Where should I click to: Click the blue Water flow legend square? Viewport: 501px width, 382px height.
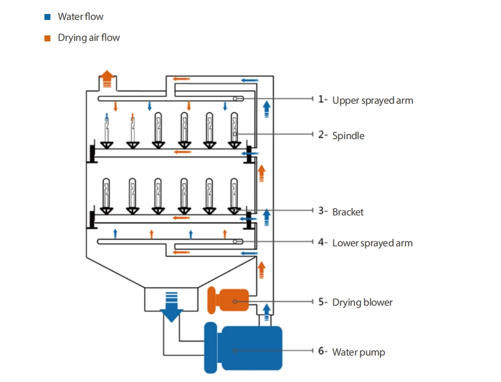[x=47, y=17]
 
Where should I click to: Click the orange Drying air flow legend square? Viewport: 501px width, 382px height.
[x=47, y=38]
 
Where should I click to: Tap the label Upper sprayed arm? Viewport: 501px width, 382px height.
[x=372, y=100]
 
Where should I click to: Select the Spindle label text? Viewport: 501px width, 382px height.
[x=348, y=136]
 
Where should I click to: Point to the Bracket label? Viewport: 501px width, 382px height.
[x=348, y=212]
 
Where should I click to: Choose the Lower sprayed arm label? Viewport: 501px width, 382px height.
[x=372, y=243]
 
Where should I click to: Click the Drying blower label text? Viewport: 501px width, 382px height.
[x=362, y=302]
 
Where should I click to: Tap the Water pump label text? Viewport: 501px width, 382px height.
[x=358, y=352]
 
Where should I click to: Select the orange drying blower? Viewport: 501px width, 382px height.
[x=229, y=300]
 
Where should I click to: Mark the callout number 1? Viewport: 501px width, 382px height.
[x=321, y=99]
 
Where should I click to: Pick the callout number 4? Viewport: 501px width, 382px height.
[x=321, y=243]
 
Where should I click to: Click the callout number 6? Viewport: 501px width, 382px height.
[x=321, y=351]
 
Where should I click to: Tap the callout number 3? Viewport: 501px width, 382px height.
[x=321, y=211]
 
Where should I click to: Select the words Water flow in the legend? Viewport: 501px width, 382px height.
[x=80, y=17]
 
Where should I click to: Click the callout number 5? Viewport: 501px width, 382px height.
[x=321, y=302]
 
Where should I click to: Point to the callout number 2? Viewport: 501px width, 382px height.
[x=321, y=135]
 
